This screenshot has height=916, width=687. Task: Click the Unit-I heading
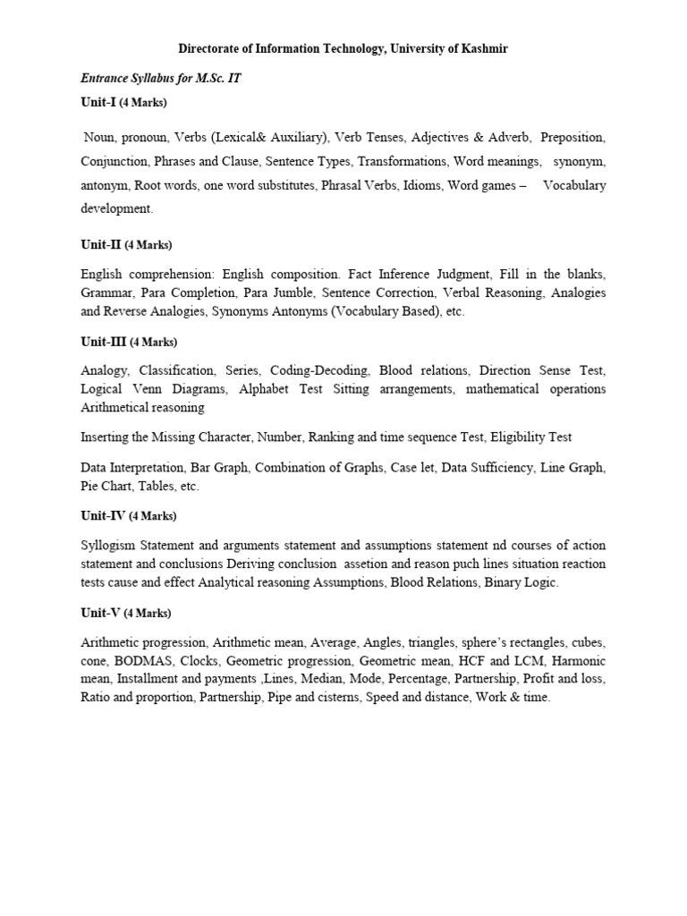(x=98, y=103)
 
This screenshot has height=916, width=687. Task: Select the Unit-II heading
(x=101, y=244)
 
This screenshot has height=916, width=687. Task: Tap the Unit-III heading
(x=104, y=342)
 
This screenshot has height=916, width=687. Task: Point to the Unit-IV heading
(x=104, y=516)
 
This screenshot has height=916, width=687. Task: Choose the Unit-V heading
(x=101, y=613)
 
